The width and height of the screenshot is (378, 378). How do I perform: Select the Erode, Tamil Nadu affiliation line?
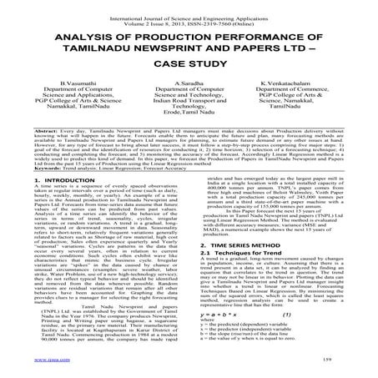point(189,139)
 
